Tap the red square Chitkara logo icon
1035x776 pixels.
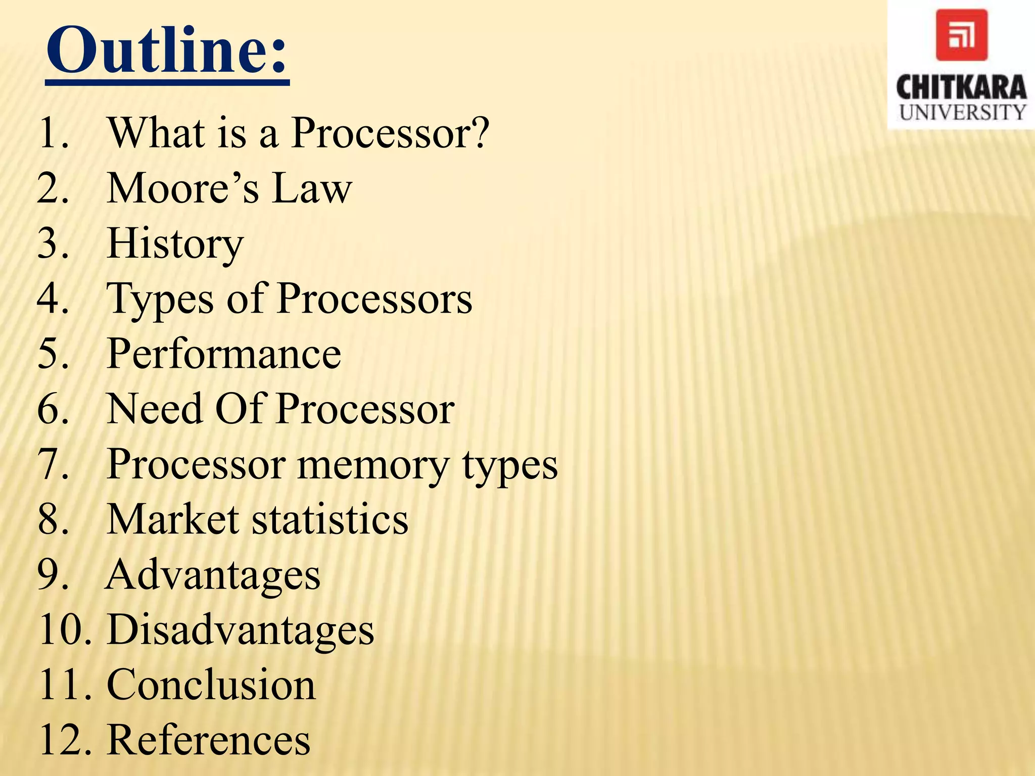tap(961, 35)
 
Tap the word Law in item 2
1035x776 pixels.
tap(312, 188)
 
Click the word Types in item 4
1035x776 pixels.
tap(160, 300)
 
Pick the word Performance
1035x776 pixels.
tap(224, 354)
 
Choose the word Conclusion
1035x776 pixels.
tap(211, 685)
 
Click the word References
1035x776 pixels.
tap(209, 740)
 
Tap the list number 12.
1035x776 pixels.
tap(64, 740)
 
